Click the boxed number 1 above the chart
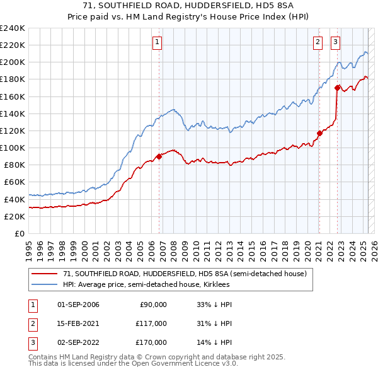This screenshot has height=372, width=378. (x=156, y=43)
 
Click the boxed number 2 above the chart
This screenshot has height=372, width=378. (x=318, y=43)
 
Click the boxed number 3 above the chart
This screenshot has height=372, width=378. (x=336, y=43)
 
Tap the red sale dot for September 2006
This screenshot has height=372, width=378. (x=159, y=157)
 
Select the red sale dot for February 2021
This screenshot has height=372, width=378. (x=319, y=133)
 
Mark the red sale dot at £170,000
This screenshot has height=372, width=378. (x=338, y=88)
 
